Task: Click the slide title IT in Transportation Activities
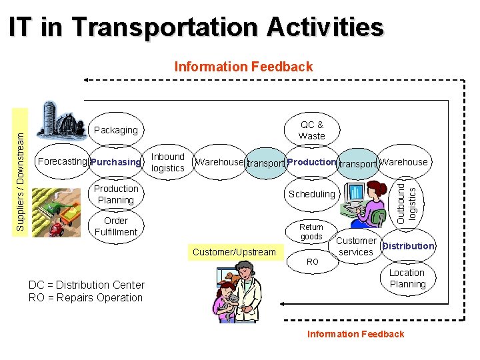point(197,28)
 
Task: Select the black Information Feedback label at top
point(243,67)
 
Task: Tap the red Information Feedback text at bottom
point(355,334)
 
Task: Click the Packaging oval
point(115,130)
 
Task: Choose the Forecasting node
point(63,161)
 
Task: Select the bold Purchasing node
point(116,162)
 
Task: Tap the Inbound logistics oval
point(167,163)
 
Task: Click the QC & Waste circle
point(312,130)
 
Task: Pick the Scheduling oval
point(311,194)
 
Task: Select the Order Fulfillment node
point(115,227)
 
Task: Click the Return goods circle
point(311,231)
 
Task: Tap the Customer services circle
point(356,246)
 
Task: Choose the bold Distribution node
point(407,246)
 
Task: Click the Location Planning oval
point(407,279)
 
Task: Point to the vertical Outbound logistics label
point(406,201)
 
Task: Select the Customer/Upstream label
point(233,252)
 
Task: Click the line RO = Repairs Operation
point(85,298)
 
